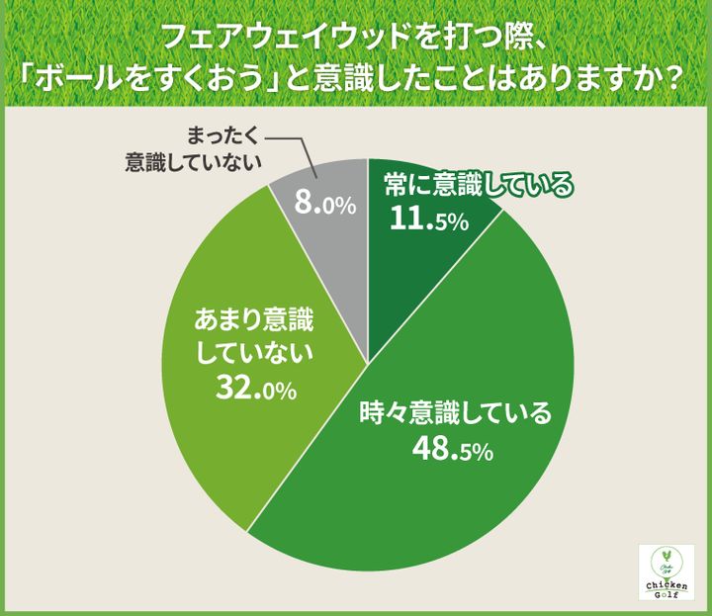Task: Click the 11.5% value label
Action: pos(428,220)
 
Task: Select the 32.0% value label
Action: pos(255,389)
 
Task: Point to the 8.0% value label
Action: pos(324,205)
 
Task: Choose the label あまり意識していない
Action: pos(255,335)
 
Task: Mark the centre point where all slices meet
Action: pos(368,365)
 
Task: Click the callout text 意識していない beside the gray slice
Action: pos(194,160)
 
